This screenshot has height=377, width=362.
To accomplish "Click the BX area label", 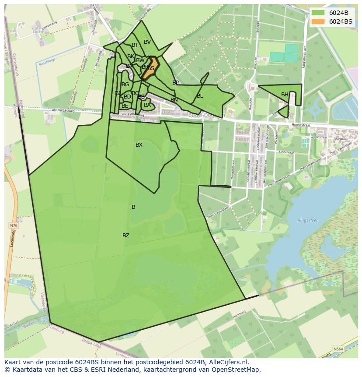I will pos(139,145).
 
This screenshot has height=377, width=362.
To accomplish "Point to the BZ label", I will pos(126,236).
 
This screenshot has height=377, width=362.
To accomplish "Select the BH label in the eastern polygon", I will pos(285,95).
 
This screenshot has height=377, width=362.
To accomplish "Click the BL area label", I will pos(200,96).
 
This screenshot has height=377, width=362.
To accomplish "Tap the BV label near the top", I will pos(147,42).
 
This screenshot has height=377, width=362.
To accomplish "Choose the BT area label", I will pos(135,45).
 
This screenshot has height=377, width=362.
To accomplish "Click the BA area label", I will pos(147,105).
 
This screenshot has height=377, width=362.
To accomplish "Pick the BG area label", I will pos(125,85).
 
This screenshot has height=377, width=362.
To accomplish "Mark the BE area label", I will pos(125,106).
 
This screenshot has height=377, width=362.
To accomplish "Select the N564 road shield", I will pos(338,349).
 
